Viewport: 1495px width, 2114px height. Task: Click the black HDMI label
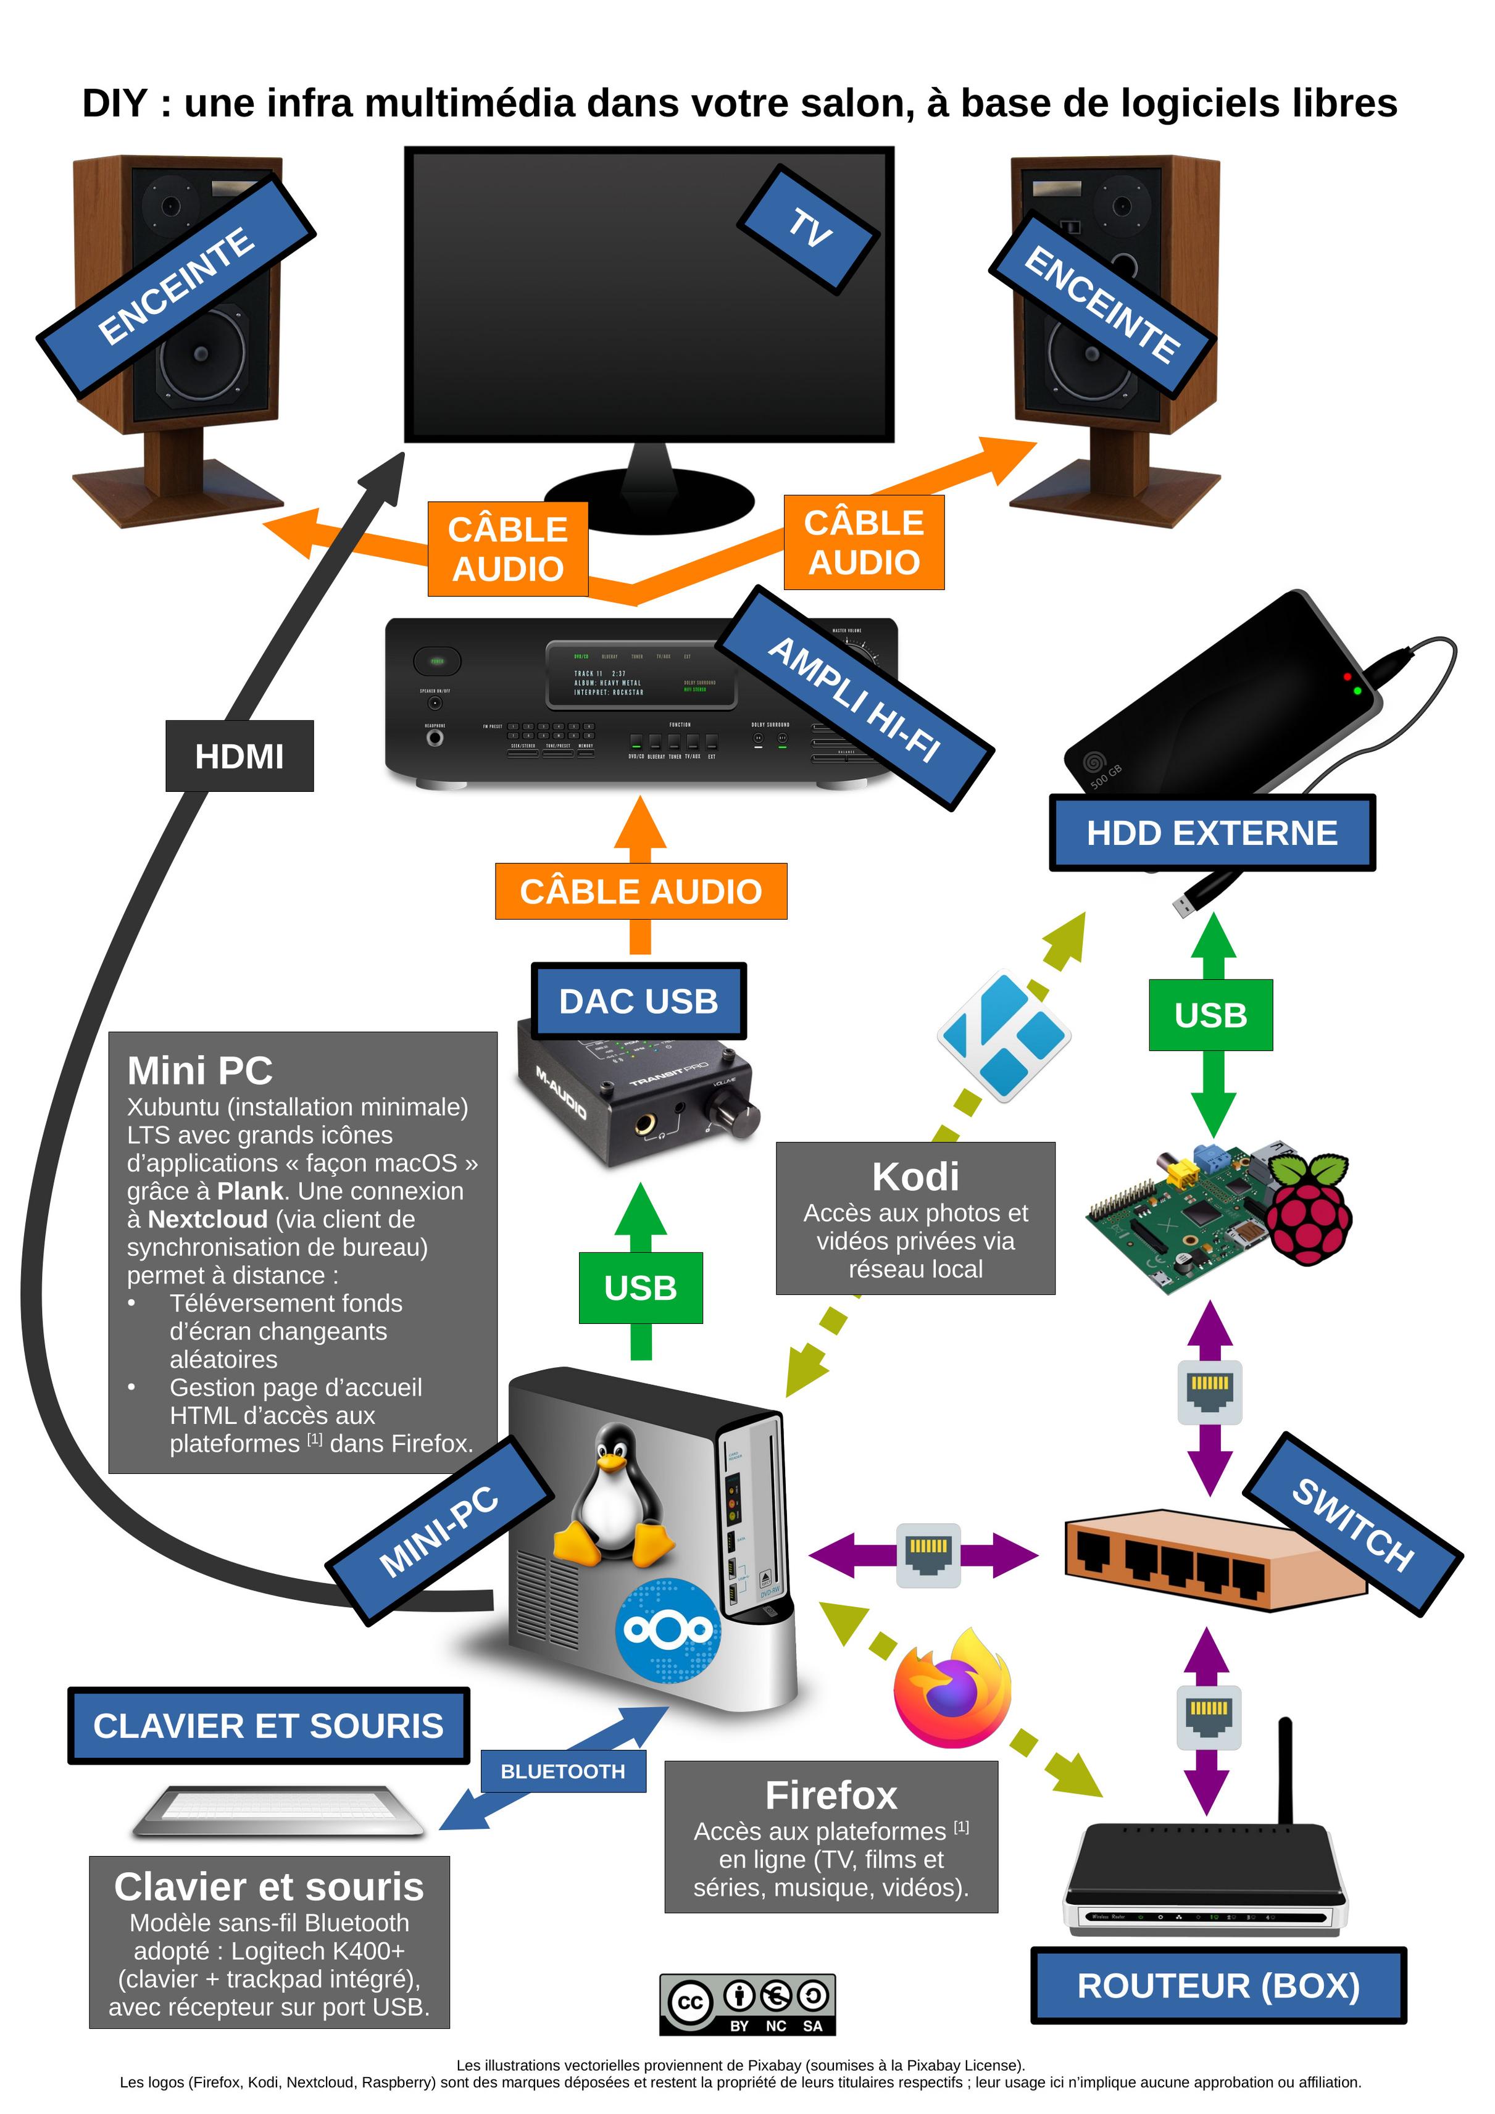tap(239, 756)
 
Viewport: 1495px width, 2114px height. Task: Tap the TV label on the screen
tap(808, 228)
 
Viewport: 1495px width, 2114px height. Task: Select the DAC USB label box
tap(638, 1001)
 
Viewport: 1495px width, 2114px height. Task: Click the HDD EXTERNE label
tap(1212, 833)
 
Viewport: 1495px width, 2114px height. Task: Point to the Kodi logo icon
tap(1004, 1036)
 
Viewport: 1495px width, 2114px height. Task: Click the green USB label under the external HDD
tap(1210, 1015)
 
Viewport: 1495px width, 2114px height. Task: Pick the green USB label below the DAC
tap(641, 1287)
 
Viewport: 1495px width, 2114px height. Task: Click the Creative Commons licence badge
tap(747, 2004)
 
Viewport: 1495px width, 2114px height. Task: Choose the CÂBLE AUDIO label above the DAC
tap(641, 891)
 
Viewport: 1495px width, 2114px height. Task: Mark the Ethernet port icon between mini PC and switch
tap(928, 1555)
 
